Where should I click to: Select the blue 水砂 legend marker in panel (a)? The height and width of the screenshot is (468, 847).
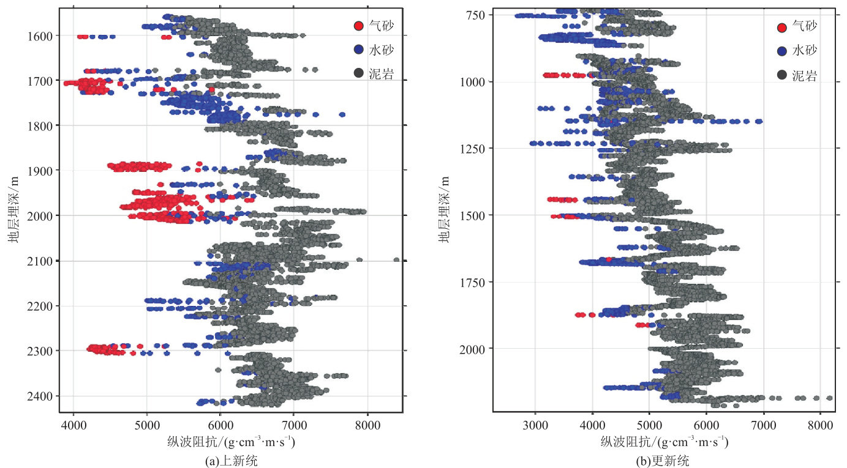tap(359, 50)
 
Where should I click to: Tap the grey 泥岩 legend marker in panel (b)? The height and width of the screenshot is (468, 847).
tap(781, 75)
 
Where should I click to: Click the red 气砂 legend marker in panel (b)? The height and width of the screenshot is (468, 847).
tap(781, 27)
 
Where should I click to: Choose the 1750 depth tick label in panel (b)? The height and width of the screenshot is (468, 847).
tap(469, 282)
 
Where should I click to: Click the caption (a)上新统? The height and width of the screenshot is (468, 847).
tap(232, 461)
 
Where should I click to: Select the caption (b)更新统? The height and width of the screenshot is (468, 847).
tap(664, 461)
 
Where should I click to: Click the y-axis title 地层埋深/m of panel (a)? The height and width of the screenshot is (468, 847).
tap(13, 208)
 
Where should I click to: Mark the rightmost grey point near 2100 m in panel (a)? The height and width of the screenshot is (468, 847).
tap(396, 259)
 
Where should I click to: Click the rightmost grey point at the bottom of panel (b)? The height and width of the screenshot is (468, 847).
tap(829, 398)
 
